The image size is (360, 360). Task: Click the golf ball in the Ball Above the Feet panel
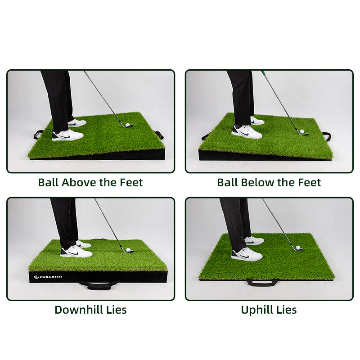[128, 125]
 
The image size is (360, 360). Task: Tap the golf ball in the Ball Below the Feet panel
[302, 131]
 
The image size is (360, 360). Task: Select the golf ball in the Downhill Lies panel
[128, 250]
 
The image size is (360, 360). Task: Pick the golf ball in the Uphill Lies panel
[298, 247]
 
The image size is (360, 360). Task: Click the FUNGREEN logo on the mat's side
[48, 277]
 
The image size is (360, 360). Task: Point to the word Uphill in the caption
[257, 310]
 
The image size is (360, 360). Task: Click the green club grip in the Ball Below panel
[263, 72]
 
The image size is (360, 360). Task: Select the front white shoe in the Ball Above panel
[67, 135]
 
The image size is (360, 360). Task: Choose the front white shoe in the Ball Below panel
[247, 131]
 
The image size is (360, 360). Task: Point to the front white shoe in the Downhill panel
[76, 251]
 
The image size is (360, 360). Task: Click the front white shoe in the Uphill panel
[247, 254]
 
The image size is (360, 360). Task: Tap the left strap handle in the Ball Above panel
[38, 134]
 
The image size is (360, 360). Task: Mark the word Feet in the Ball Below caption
[309, 183]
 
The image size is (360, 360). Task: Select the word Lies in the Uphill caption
[287, 310]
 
